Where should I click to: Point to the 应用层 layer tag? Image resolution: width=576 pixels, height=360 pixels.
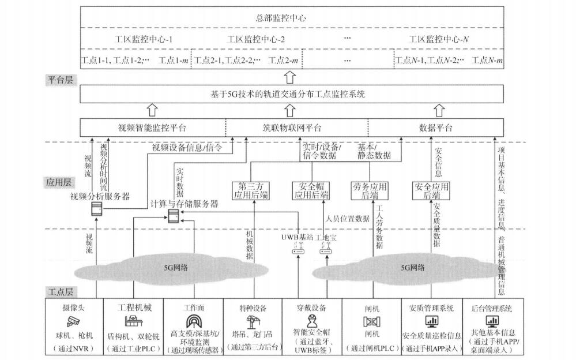tap(59, 182)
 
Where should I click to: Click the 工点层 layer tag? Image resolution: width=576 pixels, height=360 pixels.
tap(59, 292)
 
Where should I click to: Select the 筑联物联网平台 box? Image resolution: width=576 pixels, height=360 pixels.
tap(296, 127)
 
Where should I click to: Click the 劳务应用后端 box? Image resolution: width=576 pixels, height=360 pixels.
tap(369, 190)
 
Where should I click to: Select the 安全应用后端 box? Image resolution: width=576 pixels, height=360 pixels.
tap(431, 190)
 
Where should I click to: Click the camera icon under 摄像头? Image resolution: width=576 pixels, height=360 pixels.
tap(73, 321)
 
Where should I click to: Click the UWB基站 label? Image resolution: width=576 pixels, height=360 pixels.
tap(294, 237)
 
